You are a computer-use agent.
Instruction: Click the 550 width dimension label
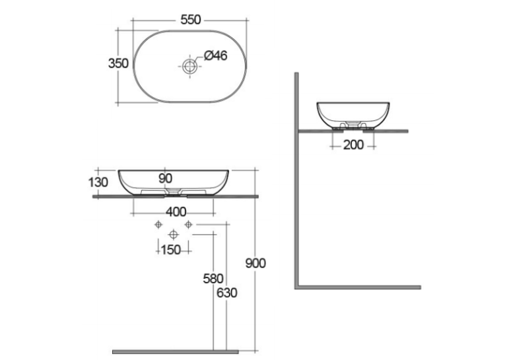pos(190,20)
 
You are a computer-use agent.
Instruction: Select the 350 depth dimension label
pos(118,63)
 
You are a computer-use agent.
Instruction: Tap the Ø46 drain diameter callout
pos(215,55)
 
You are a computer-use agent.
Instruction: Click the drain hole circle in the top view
pos(189,67)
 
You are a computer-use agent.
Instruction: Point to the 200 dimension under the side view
pos(353,145)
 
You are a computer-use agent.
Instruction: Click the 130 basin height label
pos(98,182)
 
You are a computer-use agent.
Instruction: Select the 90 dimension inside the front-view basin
pos(165,178)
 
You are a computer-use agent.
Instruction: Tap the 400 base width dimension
pos(176,212)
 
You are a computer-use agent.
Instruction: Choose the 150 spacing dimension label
pos(171,250)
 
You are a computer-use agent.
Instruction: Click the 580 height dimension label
pos(213,279)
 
